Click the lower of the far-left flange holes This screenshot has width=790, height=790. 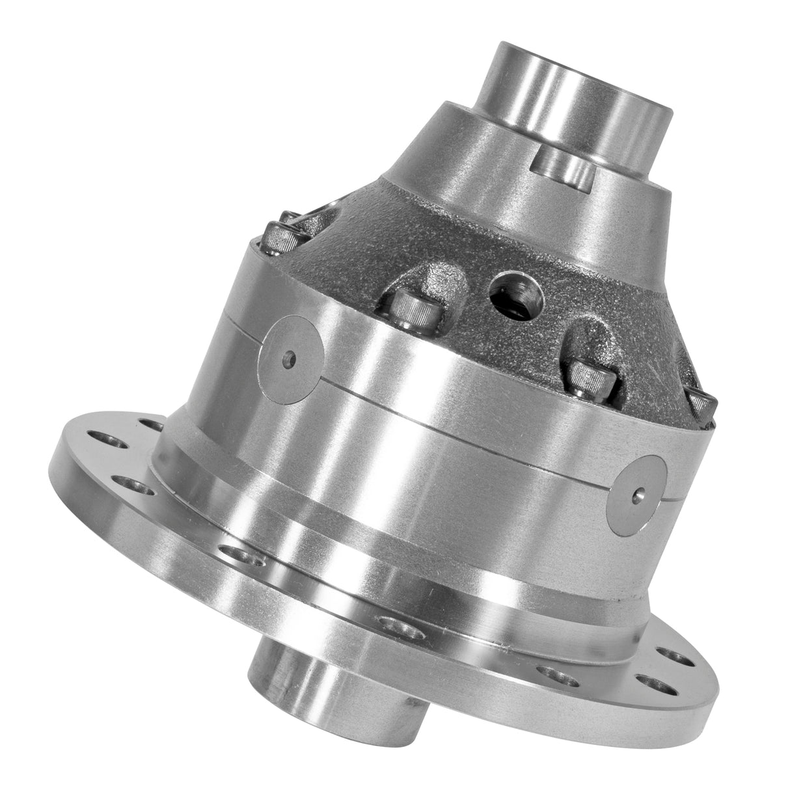tap(128, 485)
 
